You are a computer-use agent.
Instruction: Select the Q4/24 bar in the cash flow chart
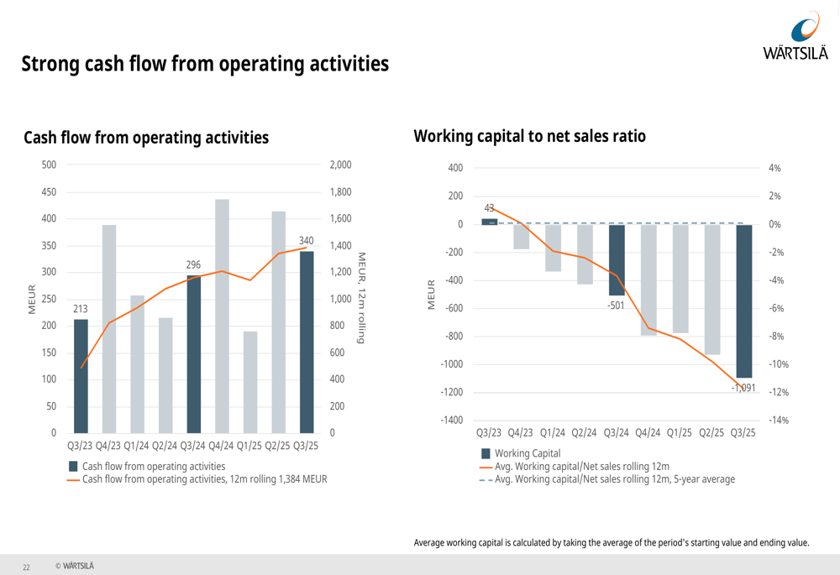223,316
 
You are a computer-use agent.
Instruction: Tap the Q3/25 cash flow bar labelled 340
307,342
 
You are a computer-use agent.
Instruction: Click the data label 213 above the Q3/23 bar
81,309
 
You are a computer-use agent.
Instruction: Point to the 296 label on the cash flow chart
193,264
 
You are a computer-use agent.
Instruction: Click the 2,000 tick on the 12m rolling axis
340,165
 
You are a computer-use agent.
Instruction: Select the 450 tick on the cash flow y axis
50,192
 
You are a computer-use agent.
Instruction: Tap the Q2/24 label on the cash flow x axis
165,446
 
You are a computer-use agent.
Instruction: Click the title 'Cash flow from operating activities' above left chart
146,138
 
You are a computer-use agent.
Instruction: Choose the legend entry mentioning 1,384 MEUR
204,479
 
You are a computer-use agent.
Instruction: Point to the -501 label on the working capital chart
617,306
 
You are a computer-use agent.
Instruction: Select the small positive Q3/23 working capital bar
490,222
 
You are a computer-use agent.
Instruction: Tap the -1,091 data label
743,388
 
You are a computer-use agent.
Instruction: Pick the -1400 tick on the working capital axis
450,421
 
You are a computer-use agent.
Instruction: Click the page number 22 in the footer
26,567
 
